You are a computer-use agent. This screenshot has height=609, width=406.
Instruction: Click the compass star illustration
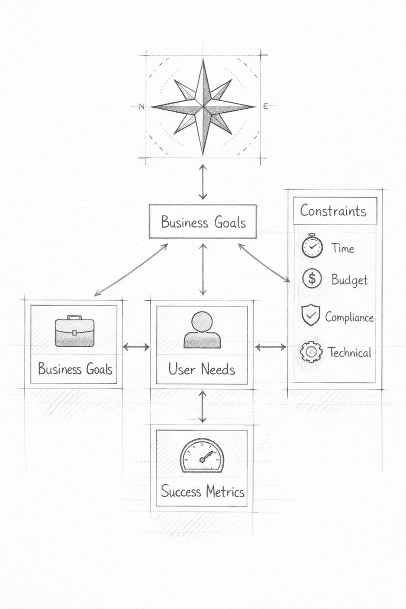click(203, 106)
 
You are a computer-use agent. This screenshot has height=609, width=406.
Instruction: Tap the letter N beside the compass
click(142, 106)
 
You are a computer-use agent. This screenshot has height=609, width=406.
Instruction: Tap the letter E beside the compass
click(265, 106)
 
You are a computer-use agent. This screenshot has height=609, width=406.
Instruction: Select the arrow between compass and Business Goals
click(203, 181)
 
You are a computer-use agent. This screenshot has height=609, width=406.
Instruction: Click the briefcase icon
click(75, 331)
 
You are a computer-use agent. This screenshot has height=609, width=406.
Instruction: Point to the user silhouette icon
click(202, 330)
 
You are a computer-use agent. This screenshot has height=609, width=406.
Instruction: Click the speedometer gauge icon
click(202, 456)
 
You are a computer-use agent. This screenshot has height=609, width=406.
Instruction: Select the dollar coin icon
click(311, 279)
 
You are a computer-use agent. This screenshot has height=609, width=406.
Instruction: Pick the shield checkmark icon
click(310, 315)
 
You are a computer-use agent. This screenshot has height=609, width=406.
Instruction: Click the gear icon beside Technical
click(311, 352)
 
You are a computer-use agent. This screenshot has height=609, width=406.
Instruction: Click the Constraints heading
click(333, 211)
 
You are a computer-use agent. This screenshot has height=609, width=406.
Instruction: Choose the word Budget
click(349, 280)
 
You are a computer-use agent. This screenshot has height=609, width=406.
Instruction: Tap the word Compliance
click(349, 317)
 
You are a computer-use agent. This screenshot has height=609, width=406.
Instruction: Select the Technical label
click(349, 352)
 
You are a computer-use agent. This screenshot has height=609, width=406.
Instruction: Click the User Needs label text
click(202, 369)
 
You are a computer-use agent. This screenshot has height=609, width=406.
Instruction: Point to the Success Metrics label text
click(203, 491)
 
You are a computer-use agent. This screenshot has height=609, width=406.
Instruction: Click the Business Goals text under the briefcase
click(75, 369)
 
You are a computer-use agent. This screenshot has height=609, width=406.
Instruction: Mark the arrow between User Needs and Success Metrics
click(203, 406)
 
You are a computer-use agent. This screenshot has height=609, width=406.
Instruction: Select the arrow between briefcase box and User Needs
click(136, 347)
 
